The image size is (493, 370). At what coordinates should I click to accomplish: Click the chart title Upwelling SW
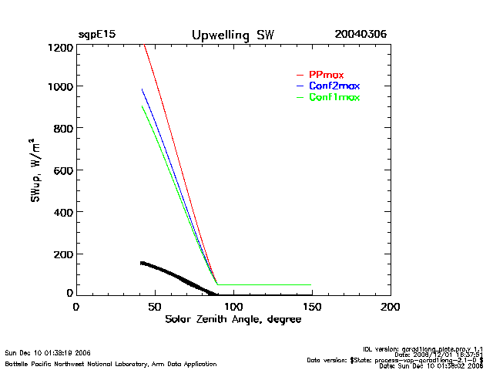(x=232, y=35)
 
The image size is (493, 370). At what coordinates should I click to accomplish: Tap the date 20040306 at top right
(x=361, y=35)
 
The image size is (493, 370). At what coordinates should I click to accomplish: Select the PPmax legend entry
(x=326, y=75)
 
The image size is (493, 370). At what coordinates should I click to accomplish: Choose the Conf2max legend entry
(x=334, y=86)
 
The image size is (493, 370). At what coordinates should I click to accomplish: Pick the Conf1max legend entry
(x=334, y=97)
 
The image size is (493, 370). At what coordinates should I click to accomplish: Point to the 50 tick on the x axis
(x=154, y=307)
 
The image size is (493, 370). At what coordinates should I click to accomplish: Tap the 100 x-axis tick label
(x=233, y=307)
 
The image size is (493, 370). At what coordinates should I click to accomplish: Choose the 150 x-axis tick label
(x=312, y=307)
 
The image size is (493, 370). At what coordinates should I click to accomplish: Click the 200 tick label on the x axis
(x=391, y=307)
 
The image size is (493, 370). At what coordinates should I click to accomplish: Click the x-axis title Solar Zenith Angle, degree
(x=233, y=320)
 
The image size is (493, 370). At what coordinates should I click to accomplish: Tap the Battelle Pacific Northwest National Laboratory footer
(x=111, y=363)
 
